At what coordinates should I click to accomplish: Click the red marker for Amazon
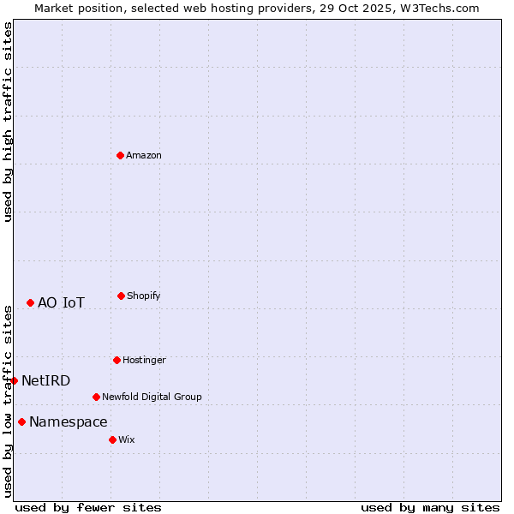[120, 155]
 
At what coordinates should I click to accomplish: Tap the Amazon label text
[144, 156]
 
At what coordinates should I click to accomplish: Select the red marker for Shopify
[121, 296]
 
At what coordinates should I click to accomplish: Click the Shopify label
[144, 296]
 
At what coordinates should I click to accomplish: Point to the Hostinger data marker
[117, 360]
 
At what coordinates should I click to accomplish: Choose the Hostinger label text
[144, 361]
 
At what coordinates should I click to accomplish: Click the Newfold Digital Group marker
[96, 397]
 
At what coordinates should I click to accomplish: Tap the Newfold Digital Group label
[152, 397]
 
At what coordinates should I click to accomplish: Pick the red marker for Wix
[112, 439]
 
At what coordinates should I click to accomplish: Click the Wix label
[127, 440]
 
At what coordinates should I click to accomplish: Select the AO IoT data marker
[30, 302]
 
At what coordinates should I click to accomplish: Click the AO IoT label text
[61, 303]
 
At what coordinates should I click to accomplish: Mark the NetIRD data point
[14, 380]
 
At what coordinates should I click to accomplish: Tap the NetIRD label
[45, 381]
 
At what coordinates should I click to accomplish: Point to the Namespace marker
[21, 421]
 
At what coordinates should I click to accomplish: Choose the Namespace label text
[69, 422]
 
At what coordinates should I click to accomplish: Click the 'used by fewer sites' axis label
[88, 507]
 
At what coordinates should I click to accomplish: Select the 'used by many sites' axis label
[430, 507]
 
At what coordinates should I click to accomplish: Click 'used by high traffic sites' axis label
[8, 122]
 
